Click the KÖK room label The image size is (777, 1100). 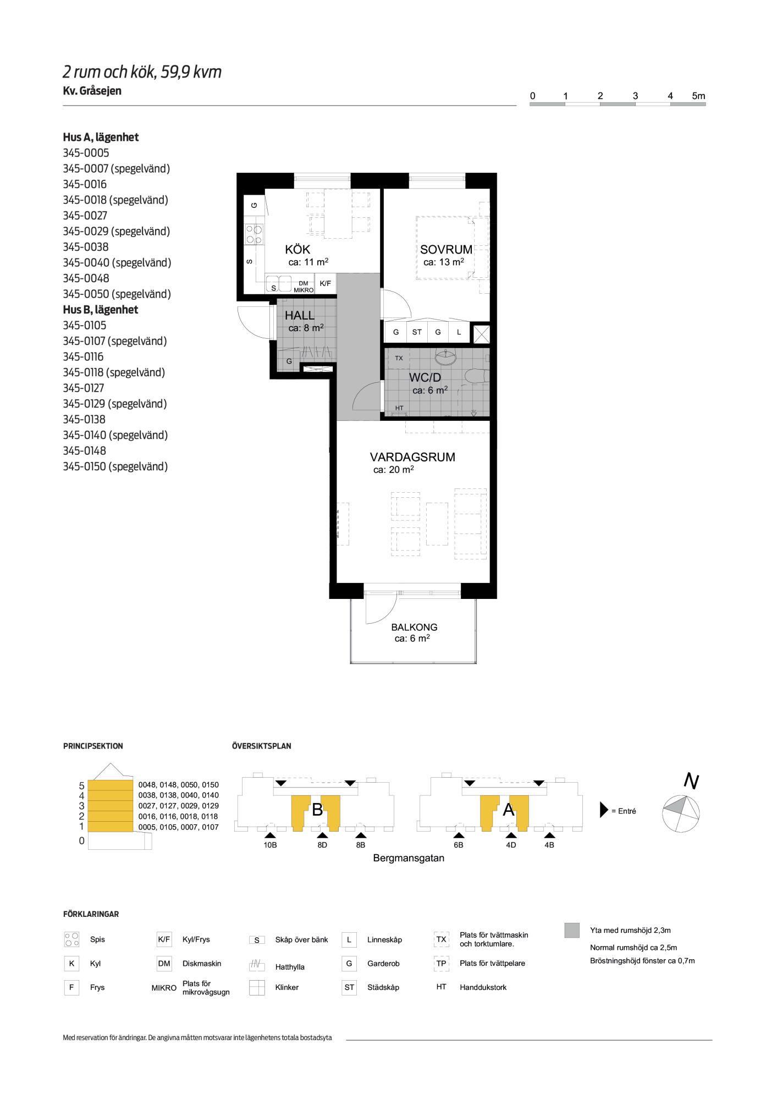coord(297,250)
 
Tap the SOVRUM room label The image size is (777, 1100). coord(446,250)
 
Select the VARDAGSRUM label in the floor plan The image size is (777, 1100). coord(412,457)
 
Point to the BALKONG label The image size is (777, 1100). coord(414,627)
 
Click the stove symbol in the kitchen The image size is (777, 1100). coord(254,234)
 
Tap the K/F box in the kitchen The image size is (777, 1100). coord(326,284)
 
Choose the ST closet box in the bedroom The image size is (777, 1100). coord(417,332)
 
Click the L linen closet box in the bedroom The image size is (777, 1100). coord(459,332)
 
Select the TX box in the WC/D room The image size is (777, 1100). coord(399,358)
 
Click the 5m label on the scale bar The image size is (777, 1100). coord(698,96)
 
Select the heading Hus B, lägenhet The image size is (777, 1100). coord(101,310)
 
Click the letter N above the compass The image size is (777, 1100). coord(691,781)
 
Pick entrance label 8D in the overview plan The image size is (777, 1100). coord(322,845)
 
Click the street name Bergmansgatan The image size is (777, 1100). coord(409,858)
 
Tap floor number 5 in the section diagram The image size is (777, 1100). coord(81,786)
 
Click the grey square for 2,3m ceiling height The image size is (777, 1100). coord(572,930)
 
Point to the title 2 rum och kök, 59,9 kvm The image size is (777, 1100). coord(142,72)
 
